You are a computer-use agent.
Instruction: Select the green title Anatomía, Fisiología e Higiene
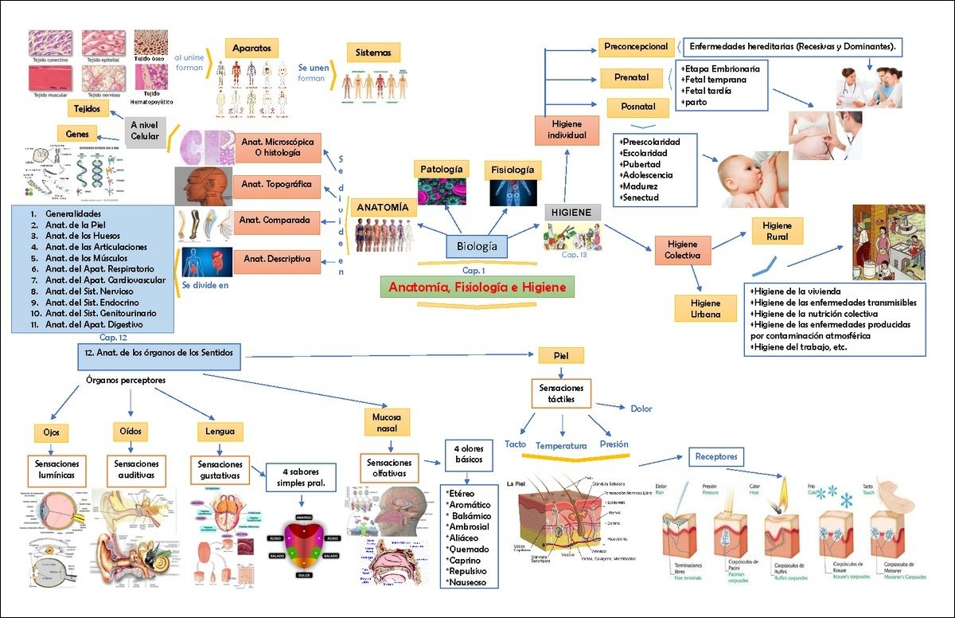point(477,287)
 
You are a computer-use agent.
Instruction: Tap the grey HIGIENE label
point(572,213)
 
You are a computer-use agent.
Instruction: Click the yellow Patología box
point(438,169)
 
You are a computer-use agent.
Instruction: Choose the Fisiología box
point(513,170)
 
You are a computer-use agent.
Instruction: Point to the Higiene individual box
point(566,130)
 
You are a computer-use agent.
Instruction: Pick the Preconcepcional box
point(636,47)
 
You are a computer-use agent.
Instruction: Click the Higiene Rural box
point(777,231)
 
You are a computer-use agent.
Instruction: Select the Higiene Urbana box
point(705,308)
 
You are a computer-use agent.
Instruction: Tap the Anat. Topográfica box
point(278,186)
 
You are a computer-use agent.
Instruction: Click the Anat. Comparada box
point(278,221)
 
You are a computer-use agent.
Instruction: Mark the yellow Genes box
point(77,133)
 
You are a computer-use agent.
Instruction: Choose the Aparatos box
point(251,48)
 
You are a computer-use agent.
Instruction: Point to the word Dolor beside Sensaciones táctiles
point(641,409)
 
